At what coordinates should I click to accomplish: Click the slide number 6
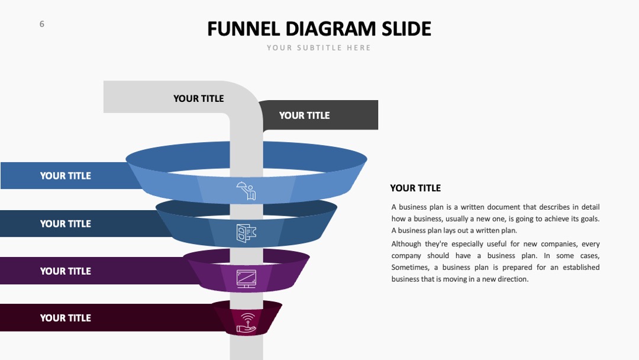[x=41, y=24]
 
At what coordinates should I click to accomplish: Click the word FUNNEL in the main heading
[x=243, y=29]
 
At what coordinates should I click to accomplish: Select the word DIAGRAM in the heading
[x=331, y=29]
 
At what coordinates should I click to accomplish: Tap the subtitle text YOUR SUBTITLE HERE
[x=319, y=48]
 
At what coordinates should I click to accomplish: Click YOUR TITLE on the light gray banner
[x=198, y=99]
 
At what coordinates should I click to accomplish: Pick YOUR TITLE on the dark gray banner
[x=305, y=116]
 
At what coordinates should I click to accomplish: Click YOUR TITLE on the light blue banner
[x=65, y=176]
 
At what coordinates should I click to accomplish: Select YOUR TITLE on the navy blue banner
[x=65, y=224]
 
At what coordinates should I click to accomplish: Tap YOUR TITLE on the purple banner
[x=65, y=271]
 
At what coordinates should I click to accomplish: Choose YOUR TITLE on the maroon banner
[x=65, y=318]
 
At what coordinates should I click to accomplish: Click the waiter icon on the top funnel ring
[x=246, y=191]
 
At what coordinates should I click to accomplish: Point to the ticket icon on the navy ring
[x=246, y=233]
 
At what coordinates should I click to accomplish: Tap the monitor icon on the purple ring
[x=247, y=279]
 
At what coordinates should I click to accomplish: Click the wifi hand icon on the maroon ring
[x=247, y=323]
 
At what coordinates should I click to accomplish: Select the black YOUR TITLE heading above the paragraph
[x=415, y=188]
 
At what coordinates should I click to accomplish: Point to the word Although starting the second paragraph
[x=406, y=244]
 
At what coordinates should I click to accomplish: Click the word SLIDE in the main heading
[x=406, y=29]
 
